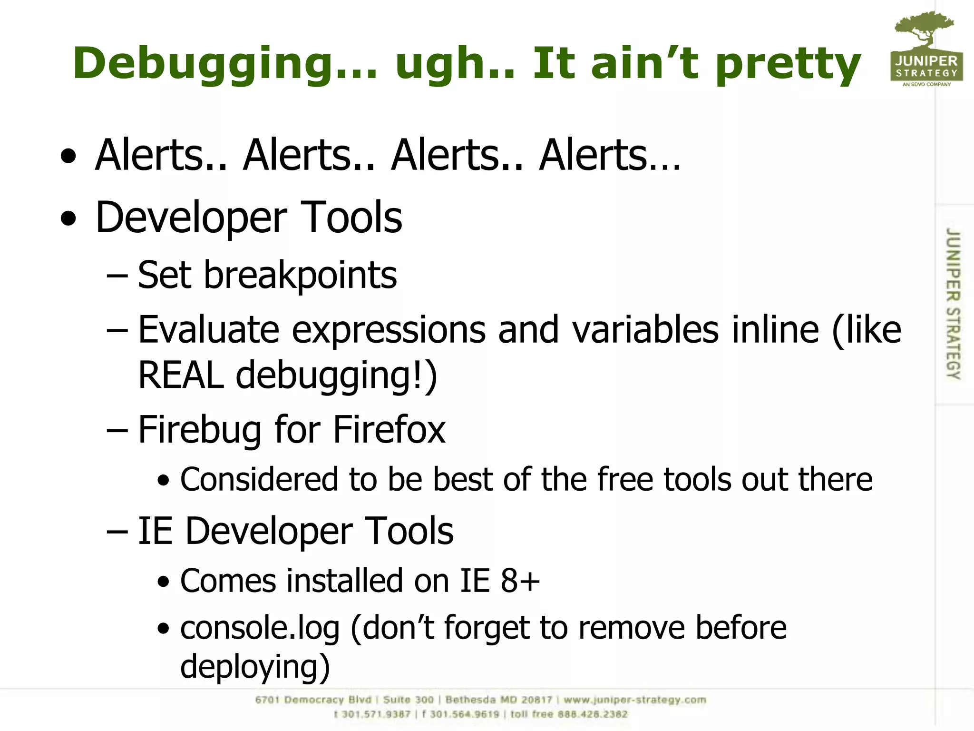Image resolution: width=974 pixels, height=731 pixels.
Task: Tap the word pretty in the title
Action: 788,64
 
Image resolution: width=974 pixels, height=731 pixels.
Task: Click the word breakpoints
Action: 300,276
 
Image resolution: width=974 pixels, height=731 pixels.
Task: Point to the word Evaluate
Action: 208,329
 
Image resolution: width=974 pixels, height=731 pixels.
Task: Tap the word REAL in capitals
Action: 180,375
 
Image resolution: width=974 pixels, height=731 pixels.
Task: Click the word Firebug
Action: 199,429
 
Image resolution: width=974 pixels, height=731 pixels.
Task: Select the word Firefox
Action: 389,429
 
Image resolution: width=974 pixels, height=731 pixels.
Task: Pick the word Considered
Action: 259,479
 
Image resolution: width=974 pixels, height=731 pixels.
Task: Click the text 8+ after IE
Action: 520,581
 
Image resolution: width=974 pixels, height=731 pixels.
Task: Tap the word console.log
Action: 260,628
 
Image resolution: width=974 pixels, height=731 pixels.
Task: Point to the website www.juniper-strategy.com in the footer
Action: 635,700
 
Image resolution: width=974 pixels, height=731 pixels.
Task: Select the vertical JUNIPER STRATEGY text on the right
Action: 953,304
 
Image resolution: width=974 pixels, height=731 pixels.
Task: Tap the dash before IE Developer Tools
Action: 117,532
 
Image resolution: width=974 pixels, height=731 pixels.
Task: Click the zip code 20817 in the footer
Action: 536,700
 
